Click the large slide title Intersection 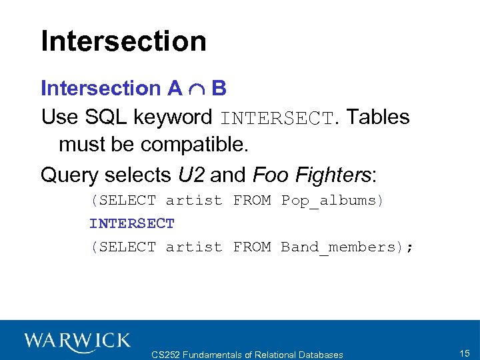pyautogui.click(x=123, y=41)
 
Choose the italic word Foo pyautogui.click(x=270, y=175)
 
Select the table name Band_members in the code pyautogui.click(x=342, y=247)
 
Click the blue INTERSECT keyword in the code pyautogui.click(x=132, y=223)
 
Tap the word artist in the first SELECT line pyautogui.click(x=193, y=200)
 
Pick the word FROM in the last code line pyautogui.click(x=251, y=247)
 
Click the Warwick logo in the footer pyautogui.click(x=77, y=341)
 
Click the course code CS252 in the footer pyautogui.click(x=167, y=355)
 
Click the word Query pyautogui.click(x=69, y=175)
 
